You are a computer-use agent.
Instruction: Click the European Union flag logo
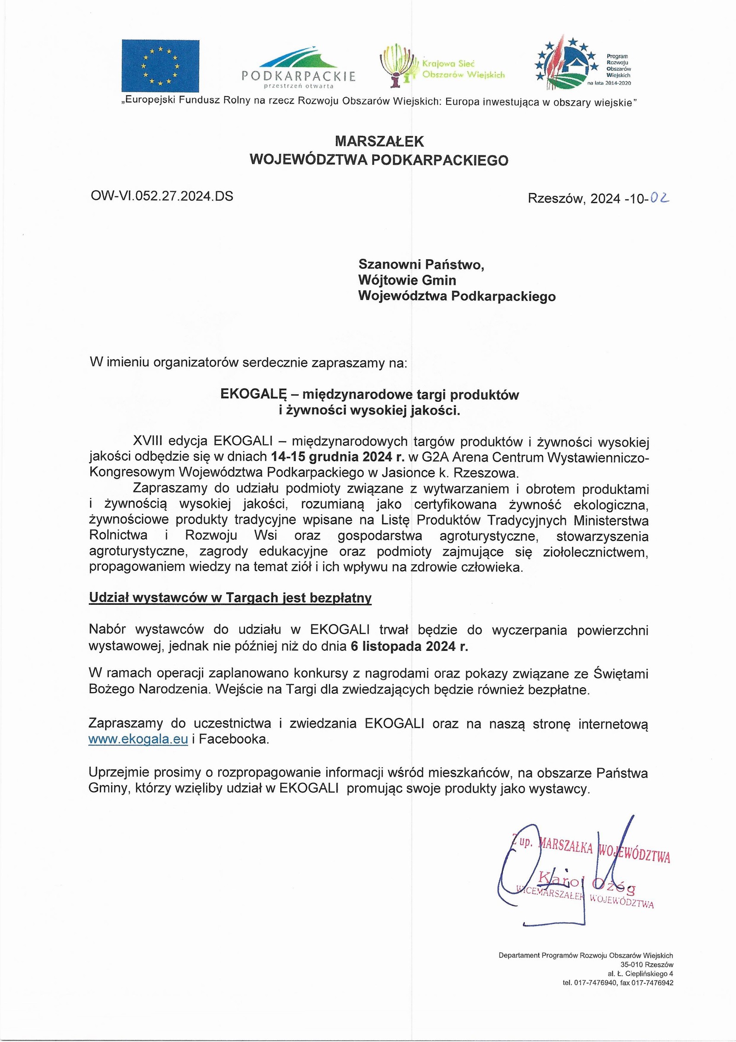pos(160,66)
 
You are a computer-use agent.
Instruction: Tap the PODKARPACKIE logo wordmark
pos(299,76)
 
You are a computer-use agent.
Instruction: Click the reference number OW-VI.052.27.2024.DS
pos(162,196)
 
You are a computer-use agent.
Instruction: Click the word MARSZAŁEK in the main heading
pos(379,141)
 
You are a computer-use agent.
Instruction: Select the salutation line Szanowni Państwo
pos(421,264)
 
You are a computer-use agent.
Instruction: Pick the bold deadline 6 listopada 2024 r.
pos(409,646)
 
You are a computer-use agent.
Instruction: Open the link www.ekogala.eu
pos(138,739)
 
